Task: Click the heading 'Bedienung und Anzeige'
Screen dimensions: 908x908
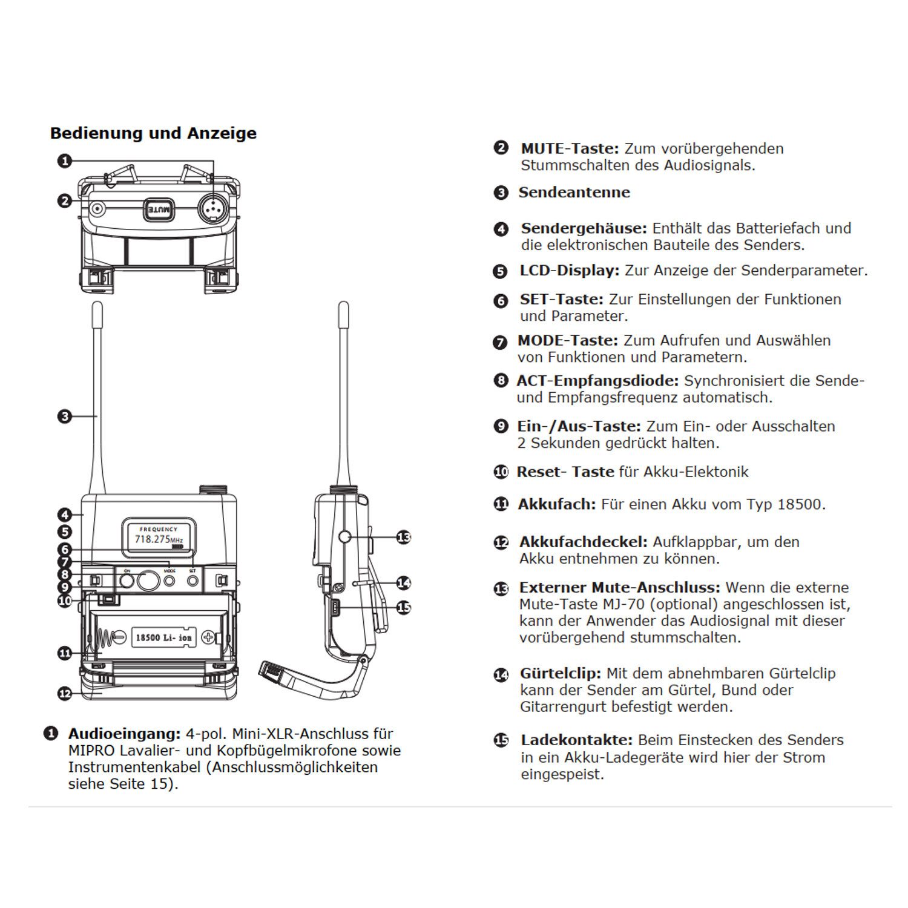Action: click(153, 133)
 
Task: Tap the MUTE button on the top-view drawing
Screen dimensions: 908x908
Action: click(159, 209)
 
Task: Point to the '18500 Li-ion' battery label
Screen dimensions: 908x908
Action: click(163, 637)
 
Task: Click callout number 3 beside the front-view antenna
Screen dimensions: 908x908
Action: click(64, 416)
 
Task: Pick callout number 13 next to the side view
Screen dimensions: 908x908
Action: click(403, 537)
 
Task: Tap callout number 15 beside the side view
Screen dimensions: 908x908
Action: click(403, 607)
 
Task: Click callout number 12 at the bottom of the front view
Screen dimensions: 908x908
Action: click(65, 694)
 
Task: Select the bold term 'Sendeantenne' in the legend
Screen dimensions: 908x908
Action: click(574, 192)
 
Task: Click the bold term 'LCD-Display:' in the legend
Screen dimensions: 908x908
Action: click(569, 271)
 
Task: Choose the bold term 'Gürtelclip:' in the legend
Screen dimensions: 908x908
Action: click(560, 673)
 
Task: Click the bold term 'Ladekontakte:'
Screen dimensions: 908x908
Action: click(576, 740)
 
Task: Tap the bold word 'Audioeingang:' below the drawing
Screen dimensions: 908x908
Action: click(124, 734)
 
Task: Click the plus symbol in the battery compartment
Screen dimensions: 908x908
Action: click(209, 637)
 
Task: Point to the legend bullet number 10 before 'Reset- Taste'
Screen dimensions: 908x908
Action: click(501, 472)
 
